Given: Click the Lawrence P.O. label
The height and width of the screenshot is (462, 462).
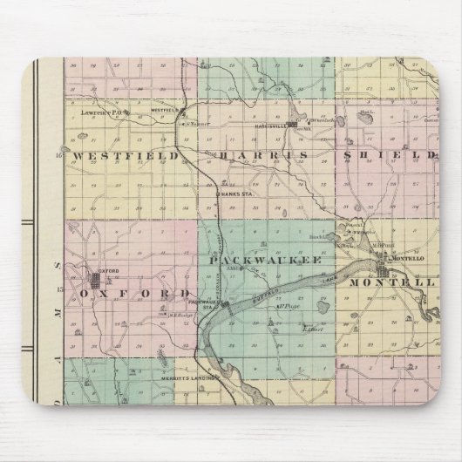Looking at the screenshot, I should [x=97, y=113].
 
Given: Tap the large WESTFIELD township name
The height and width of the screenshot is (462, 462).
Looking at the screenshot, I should [x=126, y=155].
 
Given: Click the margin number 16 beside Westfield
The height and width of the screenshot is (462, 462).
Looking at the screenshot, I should [x=59, y=155].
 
